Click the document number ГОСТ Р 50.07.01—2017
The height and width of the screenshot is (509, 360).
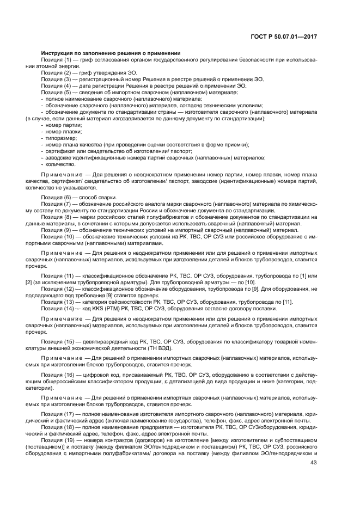tap(291, 36)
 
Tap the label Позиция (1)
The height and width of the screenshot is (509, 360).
tap(57, 59)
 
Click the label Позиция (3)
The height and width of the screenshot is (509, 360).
tap(57, 79)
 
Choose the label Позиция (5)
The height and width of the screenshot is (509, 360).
tap(57, 92)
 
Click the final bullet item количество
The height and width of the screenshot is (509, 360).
tap(60, 164)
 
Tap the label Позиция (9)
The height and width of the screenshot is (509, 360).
tap(57, 230)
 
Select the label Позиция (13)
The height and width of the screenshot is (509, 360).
tap(58, 302)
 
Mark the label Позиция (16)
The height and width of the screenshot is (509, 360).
tap(58, 377)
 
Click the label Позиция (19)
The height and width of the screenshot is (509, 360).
tap(58, 439)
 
